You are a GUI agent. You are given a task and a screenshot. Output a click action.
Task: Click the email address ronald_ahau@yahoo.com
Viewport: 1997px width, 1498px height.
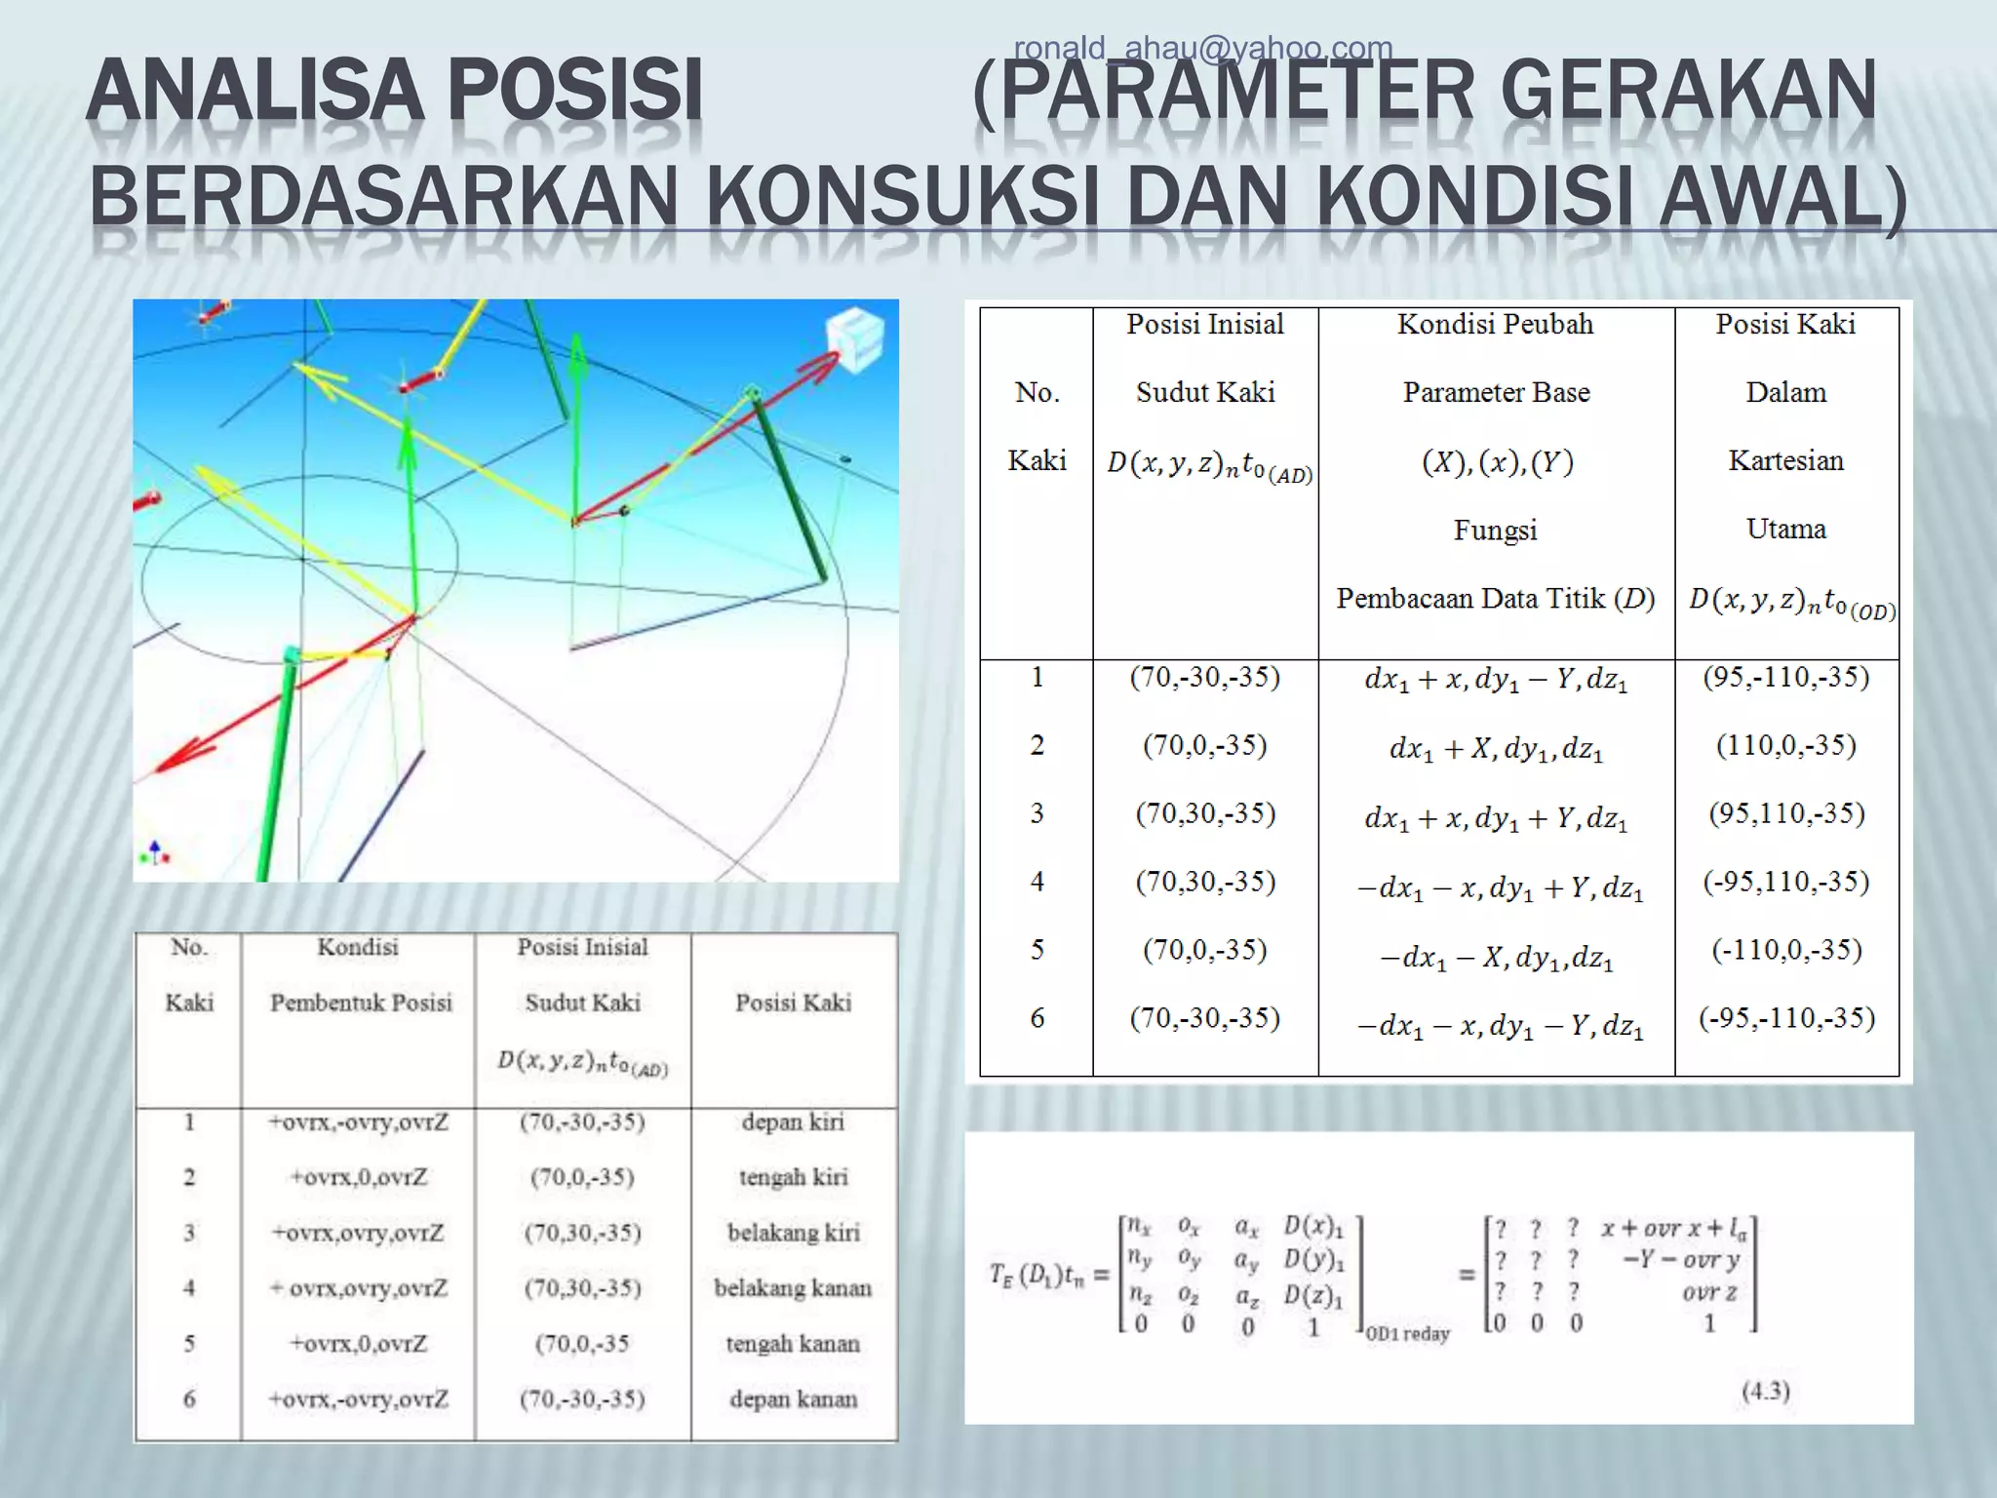coord(1202,48)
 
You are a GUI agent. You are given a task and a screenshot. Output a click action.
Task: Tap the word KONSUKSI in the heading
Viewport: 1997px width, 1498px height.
coord(894,196)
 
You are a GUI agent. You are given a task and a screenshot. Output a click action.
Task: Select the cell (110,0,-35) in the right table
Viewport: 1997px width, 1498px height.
coord(1785,746)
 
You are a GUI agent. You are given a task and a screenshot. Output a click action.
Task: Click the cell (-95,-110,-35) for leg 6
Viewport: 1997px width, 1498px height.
coord(1786,1019)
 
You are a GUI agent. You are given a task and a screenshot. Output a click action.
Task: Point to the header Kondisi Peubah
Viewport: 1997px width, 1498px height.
coord(1495,325)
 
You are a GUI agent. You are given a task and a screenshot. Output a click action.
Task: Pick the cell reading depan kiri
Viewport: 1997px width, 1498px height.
coord(793,1123)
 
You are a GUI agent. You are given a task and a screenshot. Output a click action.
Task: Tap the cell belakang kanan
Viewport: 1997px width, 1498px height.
coord(793,1288)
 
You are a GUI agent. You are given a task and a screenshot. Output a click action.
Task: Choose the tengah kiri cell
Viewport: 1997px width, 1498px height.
coord(793,1178)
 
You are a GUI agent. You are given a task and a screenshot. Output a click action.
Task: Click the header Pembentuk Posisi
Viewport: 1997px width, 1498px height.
coord(361,1003)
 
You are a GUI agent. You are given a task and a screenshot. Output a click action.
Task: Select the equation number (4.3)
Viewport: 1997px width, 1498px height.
coord(1766,1391)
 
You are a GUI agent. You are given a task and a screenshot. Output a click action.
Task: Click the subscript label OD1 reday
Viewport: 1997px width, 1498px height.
coord(1407,1333)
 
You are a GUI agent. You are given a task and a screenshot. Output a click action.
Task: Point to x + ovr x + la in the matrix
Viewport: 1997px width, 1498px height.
coord(1673,1229)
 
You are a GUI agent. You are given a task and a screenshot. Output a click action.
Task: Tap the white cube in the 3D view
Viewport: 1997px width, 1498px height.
coord(854,339)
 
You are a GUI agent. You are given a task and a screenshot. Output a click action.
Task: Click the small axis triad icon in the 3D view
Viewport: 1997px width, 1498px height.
coord(155,853)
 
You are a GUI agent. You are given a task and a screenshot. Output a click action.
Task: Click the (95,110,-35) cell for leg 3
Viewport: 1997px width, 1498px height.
coord(1785,814)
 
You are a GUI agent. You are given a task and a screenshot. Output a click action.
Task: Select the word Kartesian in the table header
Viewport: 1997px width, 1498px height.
coord(1785,460)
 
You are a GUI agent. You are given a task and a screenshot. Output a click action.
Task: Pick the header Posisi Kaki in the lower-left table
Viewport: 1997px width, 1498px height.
coord(793,1003)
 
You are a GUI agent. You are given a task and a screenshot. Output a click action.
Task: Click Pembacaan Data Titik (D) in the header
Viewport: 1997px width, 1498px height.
coord(1495,599)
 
